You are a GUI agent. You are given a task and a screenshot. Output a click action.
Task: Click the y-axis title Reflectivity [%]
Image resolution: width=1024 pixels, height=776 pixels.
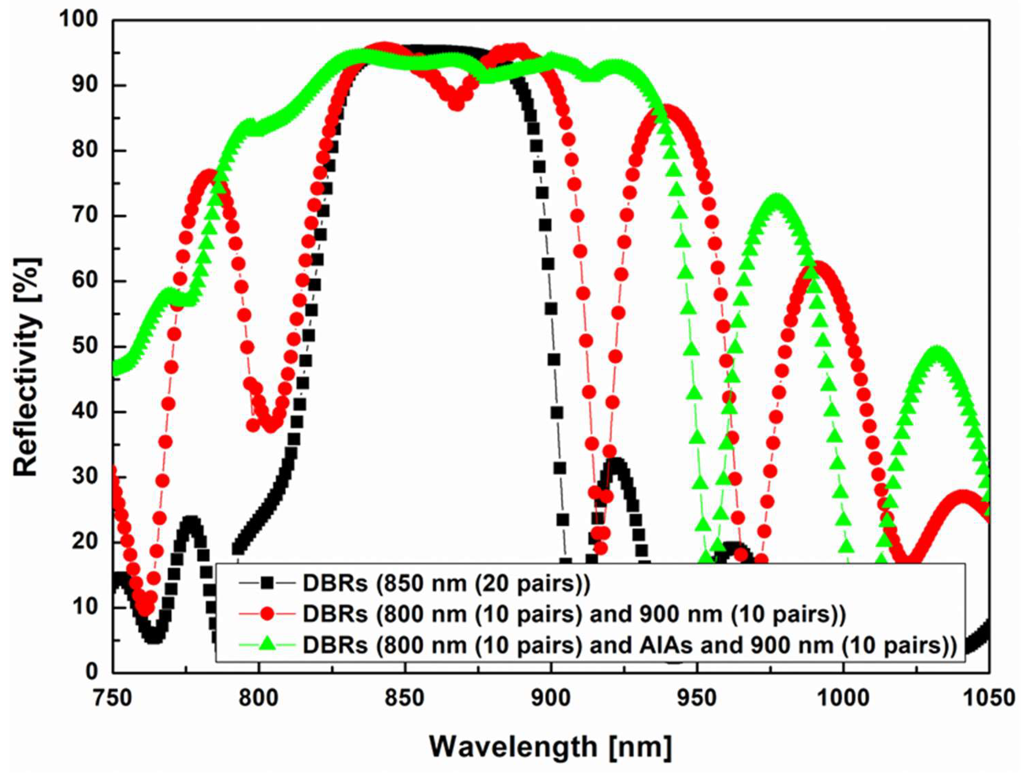click(x=26, y=367)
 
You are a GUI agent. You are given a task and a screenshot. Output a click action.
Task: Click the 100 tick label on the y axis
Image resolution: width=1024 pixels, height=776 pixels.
click(x=79, y=20)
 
